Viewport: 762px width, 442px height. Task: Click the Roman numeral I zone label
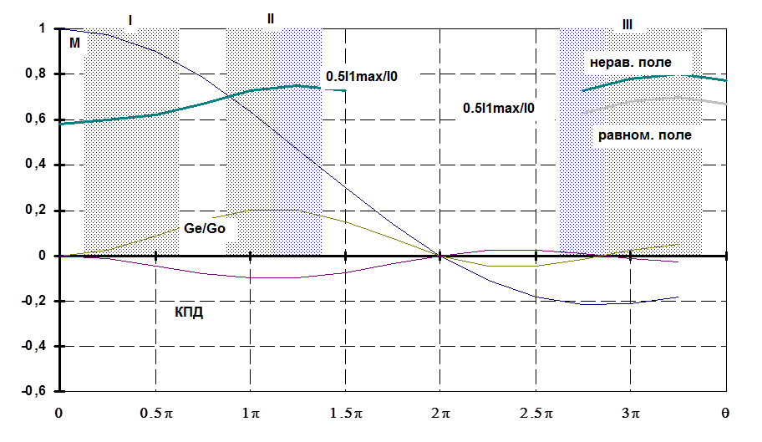pos(130,20)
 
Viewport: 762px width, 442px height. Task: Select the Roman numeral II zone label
pos(270,18)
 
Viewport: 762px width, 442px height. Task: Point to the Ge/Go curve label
pos(203,228)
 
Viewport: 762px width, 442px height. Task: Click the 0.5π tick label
pos(155,414)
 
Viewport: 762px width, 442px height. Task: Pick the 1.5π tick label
pos(345,414)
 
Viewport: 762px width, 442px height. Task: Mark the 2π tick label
pos(440,414)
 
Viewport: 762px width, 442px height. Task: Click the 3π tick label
pos(631,414)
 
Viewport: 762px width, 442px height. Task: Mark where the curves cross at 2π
pos(438,256)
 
